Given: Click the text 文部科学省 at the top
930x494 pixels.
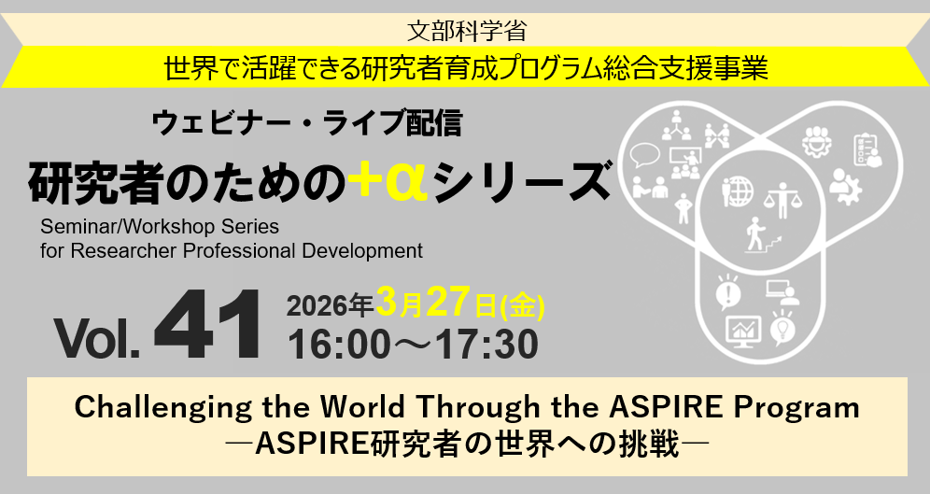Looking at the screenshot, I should coord(466,30).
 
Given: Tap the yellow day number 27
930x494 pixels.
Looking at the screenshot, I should coord(447,302).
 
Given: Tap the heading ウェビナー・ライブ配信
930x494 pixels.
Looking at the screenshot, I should coord(306,122).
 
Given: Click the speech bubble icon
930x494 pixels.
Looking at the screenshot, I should coord(644,154).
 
